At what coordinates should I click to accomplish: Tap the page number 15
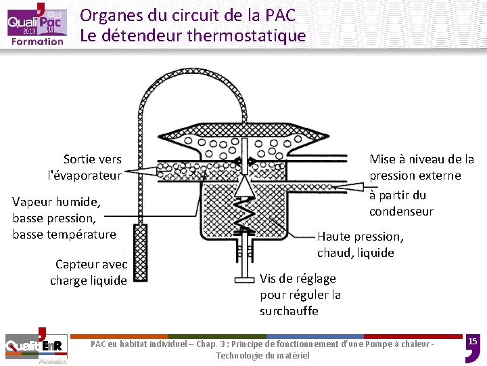point(473,341)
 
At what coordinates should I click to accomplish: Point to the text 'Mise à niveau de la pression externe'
point(421,167)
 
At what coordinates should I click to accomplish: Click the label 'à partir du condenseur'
point(400,203)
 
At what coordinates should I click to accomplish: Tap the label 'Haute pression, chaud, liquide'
point(360,244)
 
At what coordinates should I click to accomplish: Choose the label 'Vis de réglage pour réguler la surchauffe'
point(300,295)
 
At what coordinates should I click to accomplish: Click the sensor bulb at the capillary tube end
point(141,251)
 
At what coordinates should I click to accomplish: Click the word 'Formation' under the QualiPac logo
point(37,41)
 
